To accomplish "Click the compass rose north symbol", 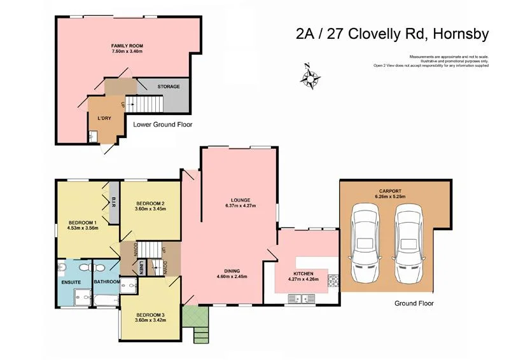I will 311,77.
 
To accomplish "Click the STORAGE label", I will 169,87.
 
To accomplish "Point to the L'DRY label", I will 104,119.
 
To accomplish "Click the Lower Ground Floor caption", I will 163,125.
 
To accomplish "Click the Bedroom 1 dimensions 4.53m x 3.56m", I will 83,228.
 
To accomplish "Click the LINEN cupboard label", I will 141,269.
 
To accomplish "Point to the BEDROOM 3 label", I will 150,314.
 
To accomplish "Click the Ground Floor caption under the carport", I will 413,303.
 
